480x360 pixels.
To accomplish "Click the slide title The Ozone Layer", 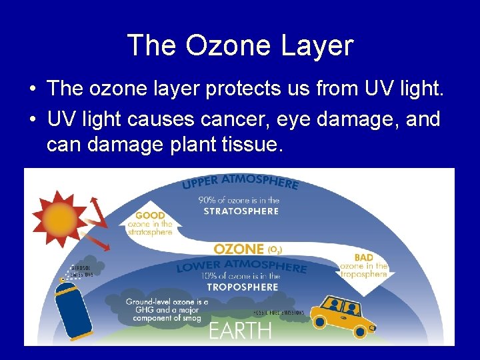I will [x=240, y=45].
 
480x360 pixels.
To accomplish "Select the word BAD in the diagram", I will [x=364, y=257].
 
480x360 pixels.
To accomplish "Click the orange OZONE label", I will [x=239, y=249].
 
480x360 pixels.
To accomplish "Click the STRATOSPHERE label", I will [x=241, y=211].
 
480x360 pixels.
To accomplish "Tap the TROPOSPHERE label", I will [x=241, y=287].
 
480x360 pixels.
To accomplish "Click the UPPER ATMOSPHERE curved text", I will [x=240, y=181].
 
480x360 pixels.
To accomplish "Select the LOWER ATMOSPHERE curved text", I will [x=241, y=266].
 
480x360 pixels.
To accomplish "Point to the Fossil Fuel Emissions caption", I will [x=279, y=312].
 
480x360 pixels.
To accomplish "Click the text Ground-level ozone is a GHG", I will [x=167, y=302].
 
